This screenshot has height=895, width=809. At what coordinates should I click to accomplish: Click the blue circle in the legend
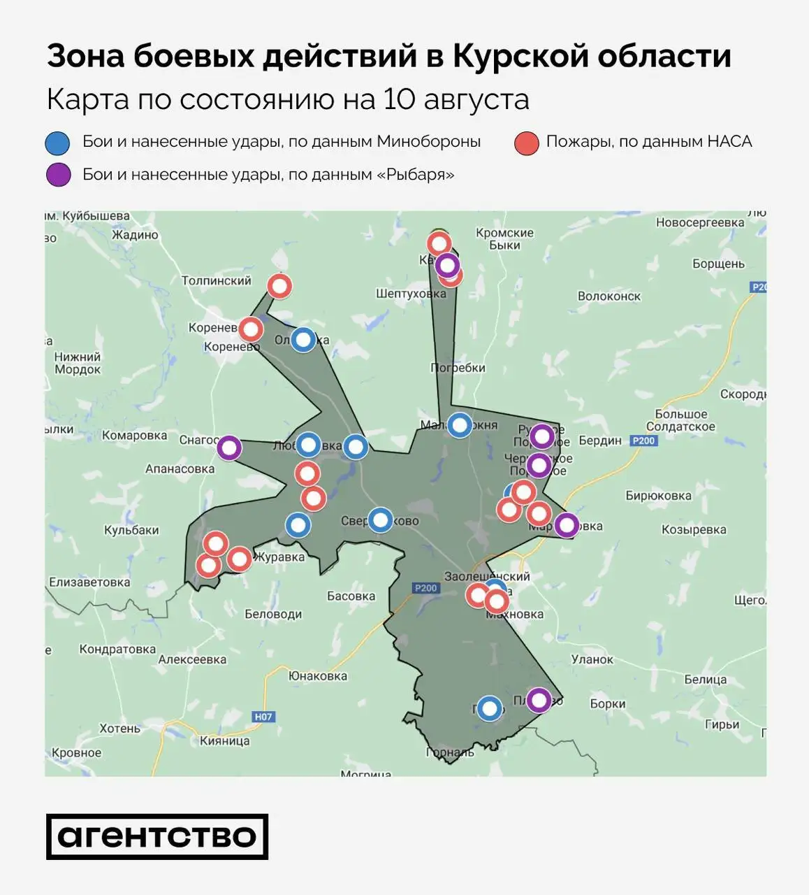click(x=58, y=143)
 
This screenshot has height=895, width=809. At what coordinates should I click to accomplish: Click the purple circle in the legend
click(x=58, y=174)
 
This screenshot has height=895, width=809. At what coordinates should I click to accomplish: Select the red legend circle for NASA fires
click(x=526, y=143)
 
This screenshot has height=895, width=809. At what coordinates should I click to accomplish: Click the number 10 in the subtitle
click(x=400, y=99)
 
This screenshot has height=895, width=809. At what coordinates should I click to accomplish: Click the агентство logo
click(x=157, y=836)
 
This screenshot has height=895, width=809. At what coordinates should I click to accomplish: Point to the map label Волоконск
click(x=609, y=296)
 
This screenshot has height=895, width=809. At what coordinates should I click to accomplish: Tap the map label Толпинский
click(x=216, y=280)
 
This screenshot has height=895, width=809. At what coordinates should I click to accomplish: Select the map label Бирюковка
click(x=658, y=496)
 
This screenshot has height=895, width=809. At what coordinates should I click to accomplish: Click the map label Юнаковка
click(x=318, y=676)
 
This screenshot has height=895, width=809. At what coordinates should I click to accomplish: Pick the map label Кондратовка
click(x=117, y=649)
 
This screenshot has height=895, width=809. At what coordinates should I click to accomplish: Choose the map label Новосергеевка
click(x=700, y=222)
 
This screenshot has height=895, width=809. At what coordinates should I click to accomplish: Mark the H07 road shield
click(x=263, y=717)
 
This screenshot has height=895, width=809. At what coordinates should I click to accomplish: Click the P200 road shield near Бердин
click(x=643, y=441)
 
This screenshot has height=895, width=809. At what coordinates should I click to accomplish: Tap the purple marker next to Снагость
click(x=229, y=447)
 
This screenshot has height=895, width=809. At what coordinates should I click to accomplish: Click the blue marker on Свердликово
click(x=380, y=520)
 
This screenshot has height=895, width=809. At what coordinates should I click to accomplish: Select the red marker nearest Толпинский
click(x=279, y=286)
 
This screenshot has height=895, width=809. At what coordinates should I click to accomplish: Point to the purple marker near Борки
click(x=538, y=700)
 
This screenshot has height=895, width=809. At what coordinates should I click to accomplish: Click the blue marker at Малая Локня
click(x=459, y=424)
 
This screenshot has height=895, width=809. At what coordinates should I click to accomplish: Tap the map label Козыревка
click(x=694, y=529)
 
